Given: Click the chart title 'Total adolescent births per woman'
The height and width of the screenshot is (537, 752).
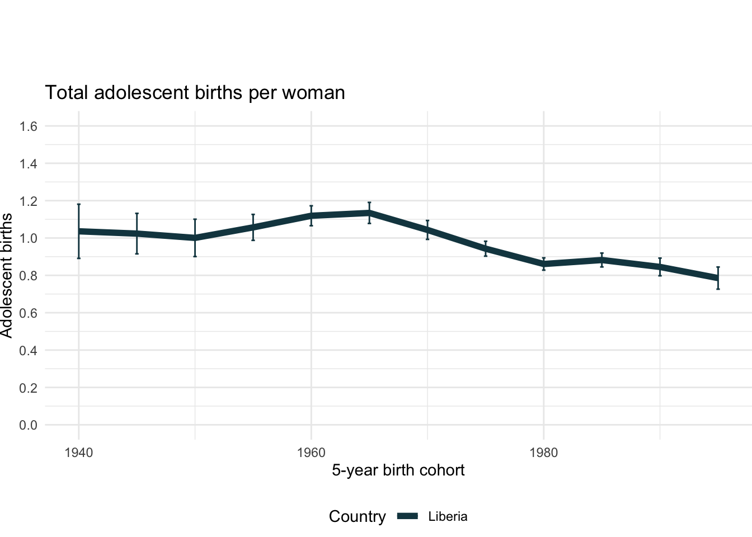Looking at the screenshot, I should coord(195,92).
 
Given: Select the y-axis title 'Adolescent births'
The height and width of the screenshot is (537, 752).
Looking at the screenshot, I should coord(7,275).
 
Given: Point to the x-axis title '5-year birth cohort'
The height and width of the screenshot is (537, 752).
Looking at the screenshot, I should coord(398,470).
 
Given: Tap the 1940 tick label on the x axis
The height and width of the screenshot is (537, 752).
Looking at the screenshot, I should coord(79,453).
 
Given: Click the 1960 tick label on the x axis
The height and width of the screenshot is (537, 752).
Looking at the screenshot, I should coord(311,453).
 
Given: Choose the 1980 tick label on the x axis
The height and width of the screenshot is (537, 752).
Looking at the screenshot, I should coord(544,453).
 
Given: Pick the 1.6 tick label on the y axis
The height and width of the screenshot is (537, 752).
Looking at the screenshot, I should coord(28,126).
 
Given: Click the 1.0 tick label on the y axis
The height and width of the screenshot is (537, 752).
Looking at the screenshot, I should coord(28,238).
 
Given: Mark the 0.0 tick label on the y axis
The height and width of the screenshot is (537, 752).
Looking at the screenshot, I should coord(28,425).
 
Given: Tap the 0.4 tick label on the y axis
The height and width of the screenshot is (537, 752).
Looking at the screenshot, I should coord(28,351).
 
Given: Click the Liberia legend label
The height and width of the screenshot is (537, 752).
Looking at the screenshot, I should coord(448,517).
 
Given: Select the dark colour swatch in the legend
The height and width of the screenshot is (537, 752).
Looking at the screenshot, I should coord(408,517).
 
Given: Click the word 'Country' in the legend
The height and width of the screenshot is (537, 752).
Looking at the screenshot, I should coord(357,517).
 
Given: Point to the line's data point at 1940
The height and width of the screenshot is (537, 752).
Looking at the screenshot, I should coord(79,231).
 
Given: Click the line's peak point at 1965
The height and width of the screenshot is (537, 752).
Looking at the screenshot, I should coord(369,213).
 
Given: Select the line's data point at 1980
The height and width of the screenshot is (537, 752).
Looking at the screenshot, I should coord(544,264).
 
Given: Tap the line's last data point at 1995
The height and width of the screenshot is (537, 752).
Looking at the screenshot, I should coord(718,278).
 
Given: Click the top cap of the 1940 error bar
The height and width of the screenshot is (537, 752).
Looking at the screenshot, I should coord(79,204).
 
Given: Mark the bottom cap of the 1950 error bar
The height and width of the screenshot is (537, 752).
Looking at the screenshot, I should coord(195,256).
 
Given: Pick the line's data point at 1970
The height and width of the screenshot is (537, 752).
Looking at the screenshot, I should coord(427,230).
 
